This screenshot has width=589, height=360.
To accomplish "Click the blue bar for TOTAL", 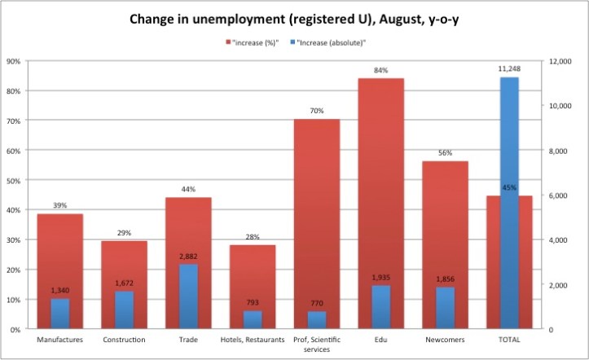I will [x=508, y=203].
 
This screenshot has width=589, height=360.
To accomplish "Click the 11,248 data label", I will [x=508, y=68].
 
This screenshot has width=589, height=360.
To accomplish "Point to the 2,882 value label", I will [x=188, y=256].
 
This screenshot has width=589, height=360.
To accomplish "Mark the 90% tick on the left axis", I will [x=14, y=61].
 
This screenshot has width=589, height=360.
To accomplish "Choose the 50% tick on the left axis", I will [x=14, y=180].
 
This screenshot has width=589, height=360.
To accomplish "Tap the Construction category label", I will [x=124, y=339].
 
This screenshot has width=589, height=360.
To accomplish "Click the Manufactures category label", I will [x=59, y=339].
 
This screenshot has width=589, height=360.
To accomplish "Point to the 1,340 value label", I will [x=59, y=290].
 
